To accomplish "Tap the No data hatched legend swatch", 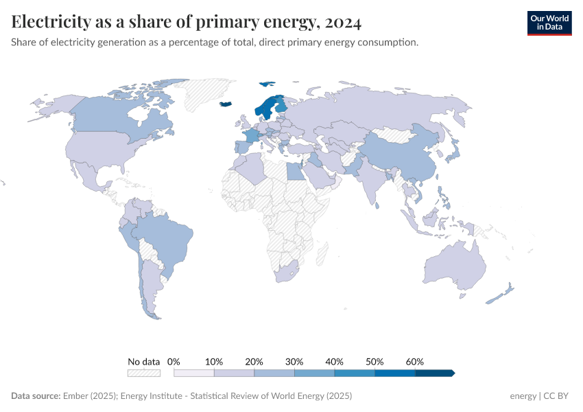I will pyautogui.click(x=144, y=373).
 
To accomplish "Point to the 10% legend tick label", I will pyautogui.click(x=214, y=361).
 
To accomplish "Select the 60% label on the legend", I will pyautogui.click(x=415, y=361).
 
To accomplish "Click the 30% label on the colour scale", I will pyautogui.click(x=294, y=361).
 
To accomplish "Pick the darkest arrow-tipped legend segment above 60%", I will pyautogui.click(x=434, y=373).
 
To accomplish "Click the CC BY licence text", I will pyautogui.click(x=556, y=396).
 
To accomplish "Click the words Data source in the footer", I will pyautogui.click(x=36, y=396).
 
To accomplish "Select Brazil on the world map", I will pyautogui.click(x=165, y=237).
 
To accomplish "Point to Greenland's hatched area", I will pyautogui.click(x=206, y=93).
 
